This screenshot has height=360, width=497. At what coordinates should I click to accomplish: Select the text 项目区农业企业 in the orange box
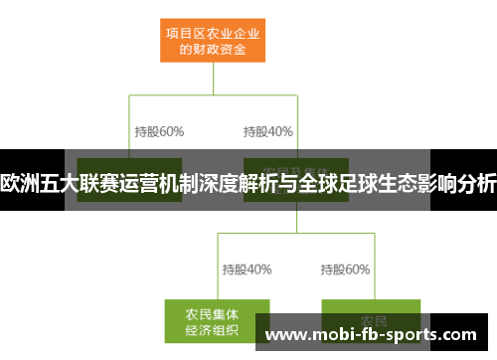[x=213, y=30]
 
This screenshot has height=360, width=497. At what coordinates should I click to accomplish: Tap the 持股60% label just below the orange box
[x=159, y=130]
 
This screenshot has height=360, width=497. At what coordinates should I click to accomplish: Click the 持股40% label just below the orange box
[x=267, y=130]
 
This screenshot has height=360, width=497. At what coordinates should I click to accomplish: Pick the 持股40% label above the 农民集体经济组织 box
[x=247, y=269]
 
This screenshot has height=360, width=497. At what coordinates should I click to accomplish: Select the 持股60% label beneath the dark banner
[x=345, y=269]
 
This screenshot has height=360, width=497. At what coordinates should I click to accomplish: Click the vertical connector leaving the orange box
[x=213, y=80]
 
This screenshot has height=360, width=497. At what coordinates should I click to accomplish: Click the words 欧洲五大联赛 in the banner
[x=50, y=183]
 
